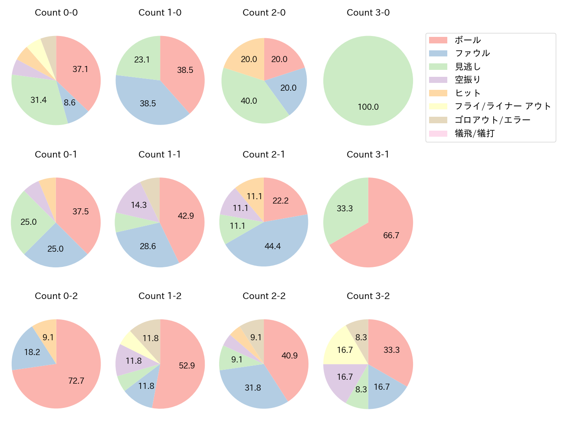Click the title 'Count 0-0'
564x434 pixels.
[x=56, y=13]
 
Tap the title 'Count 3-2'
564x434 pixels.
[x=368, y=296]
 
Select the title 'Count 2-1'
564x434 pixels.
[x=264, y=155]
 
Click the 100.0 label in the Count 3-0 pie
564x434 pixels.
[x=368, y=107]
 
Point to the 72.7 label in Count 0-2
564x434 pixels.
[x=76, y=381]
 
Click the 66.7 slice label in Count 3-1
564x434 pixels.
[x=391, y=235]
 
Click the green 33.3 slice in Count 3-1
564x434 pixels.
[x=345, y=208]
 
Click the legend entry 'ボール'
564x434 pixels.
[x=468, y=40]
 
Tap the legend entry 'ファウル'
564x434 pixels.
[x=472, y=53]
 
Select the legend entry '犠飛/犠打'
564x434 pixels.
[x=474, y=133]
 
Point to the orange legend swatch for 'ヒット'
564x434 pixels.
[x=438, y=93]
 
